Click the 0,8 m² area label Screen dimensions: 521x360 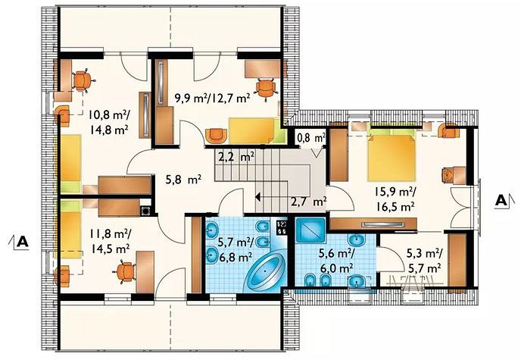tap(311, 137)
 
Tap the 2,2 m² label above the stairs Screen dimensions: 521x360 tap(236, 156)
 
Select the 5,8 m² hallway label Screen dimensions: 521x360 tap(183, 180)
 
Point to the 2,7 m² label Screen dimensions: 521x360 tap(309, 201)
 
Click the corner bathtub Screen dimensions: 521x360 tap(265, 271)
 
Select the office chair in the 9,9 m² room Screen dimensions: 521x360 tap(266, 88)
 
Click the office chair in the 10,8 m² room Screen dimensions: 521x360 tap(82, 80)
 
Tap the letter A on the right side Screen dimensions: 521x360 tap(501, 200)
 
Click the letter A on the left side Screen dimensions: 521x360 tap(23, 241)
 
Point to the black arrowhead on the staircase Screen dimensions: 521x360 tap(257, 197)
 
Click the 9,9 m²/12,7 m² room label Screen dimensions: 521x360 tap(212, 98)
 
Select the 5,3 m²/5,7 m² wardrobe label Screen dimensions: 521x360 tap(424, 261)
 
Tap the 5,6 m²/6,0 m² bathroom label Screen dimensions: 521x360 tap(336, 260)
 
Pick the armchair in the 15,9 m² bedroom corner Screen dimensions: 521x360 tap(450, 131)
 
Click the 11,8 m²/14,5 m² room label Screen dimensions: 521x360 tap(110, 241)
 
